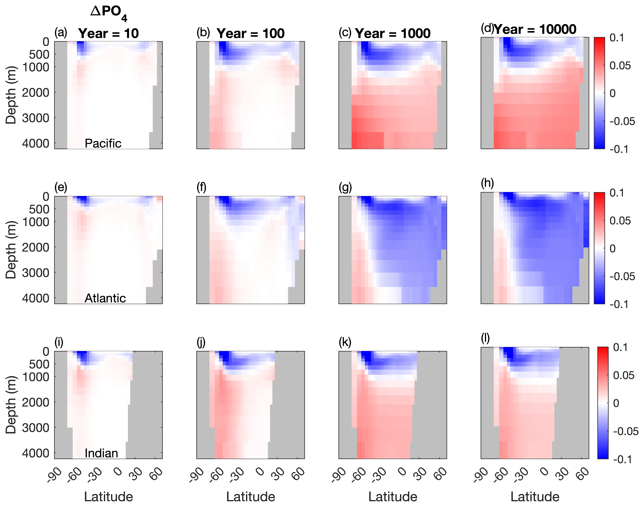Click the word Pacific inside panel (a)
(x=103, y=143)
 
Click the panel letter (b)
(x=203, y=33)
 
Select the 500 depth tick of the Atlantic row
(x=39, y=209)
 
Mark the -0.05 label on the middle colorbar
(x=622, y=276)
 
